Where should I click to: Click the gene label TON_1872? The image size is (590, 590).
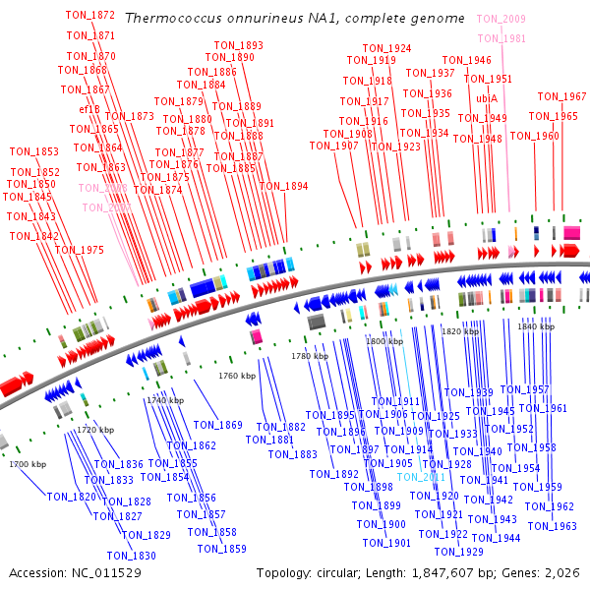[x=89, y=16]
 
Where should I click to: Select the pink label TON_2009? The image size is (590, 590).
[x=501, y=19]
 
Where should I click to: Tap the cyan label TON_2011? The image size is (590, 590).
[x=422, y=478]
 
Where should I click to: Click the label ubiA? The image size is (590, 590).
[x=487, y=98]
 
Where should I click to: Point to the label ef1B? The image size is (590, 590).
[x=89, y=109]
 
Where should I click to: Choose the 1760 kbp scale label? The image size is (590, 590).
[x=236, y=376]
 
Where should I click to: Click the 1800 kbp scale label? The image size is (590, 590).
[x=385, y=341]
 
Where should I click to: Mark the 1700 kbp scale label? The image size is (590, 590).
[x=28, y=464]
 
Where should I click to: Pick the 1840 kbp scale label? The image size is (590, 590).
[x=536, y=325]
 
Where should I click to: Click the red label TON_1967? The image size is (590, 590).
[x=561, y=96]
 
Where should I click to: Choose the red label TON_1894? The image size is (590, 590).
[x=283, y=186]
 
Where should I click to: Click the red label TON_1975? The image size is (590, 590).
[x=79, y=250]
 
